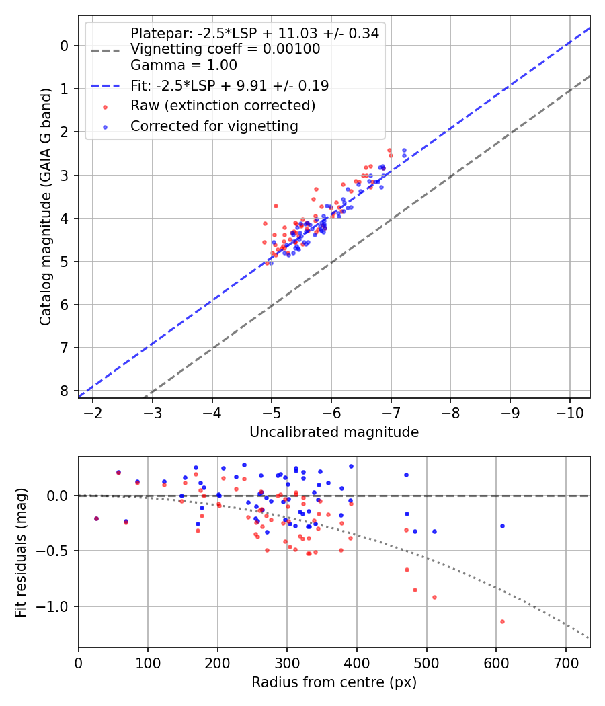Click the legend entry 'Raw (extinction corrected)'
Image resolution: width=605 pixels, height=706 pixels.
(223, 106)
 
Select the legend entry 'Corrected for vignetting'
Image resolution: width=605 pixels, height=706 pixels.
(214, 126)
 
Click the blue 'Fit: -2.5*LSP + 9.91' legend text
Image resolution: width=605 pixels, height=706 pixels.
(229, 85)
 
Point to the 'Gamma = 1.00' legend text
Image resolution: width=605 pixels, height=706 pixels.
(184, 65)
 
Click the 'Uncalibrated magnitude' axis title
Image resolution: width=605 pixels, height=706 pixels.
(334, 432)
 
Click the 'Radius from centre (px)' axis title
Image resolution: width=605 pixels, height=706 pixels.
(334, 682)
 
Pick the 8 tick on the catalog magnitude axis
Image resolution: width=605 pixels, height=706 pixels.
(65, 391)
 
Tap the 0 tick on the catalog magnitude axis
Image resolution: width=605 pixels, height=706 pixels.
(65, 46)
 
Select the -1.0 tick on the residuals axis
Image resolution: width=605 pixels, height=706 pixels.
(54, 606)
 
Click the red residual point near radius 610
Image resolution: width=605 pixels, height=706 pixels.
(502, 621)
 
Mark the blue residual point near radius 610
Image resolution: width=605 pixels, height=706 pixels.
(502, 526)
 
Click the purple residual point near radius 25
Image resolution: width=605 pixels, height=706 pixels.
(96, 518)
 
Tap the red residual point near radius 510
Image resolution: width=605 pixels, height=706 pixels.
(434, 597)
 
